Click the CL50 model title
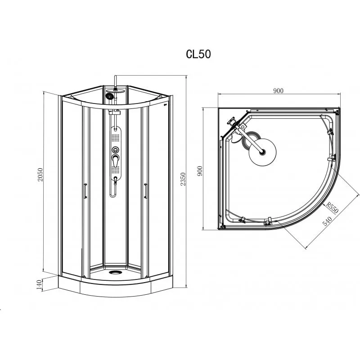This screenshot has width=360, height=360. click(x=198, y=54)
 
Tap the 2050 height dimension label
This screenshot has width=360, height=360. click(x=40, y=175)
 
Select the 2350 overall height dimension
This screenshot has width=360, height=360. click(x=183, y=179)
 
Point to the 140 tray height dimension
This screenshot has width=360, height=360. click(x=39, y=284)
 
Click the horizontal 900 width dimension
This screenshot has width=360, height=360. click(x=278, y=91)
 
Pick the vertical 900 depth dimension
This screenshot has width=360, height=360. click(x=199, y=171)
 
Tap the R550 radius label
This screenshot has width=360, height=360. click(x=332, y=207)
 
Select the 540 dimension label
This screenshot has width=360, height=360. click(x=328, y=221)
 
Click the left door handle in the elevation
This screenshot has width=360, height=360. click(x=85, y=191)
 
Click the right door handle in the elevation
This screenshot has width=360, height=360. click(x=145, y=190)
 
